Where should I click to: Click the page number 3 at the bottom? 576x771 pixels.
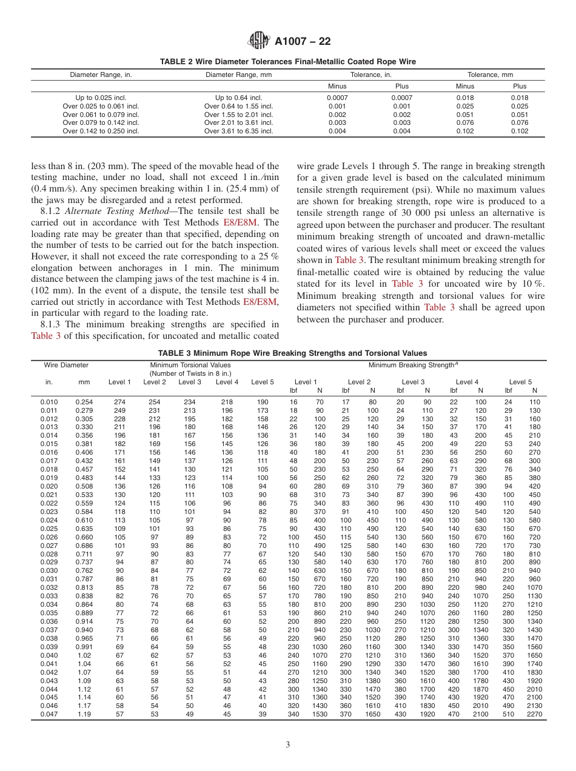point(288,744)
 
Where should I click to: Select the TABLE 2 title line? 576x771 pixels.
point(288,62)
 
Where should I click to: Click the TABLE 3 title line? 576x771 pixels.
point(292,353)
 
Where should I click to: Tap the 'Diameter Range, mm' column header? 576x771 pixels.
point(238,75)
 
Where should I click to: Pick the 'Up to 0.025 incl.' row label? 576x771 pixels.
point(101,98)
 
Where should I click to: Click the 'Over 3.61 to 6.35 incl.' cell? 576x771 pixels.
point(238,131)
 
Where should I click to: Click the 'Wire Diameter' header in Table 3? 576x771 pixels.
point(66,365)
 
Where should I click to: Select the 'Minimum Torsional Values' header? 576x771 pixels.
point(190,365)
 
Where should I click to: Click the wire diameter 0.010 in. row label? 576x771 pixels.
point(49,402)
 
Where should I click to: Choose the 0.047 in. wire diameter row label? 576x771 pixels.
point(49,715)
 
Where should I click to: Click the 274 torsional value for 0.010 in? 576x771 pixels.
point(119,402)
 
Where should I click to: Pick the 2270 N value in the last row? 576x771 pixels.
point(534,715)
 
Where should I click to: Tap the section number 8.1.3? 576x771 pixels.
point(52,324)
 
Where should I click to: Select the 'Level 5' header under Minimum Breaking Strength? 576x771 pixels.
point(521,382)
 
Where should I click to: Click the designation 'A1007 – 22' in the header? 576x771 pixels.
point(303,41)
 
